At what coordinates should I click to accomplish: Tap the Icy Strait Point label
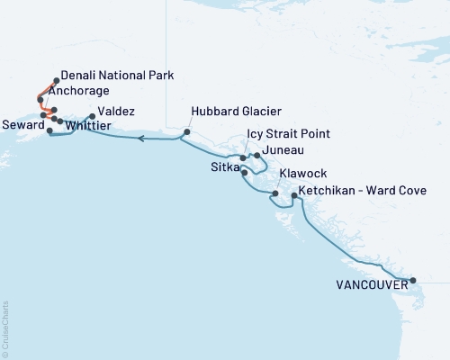[288, 134]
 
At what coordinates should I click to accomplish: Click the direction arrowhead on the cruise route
[142, 139]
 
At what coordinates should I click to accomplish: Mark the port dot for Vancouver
[413, 281]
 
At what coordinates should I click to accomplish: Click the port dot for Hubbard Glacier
[186, 132]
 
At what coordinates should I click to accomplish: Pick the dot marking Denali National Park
[57, 79]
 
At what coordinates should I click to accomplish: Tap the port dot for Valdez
[92, 116]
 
